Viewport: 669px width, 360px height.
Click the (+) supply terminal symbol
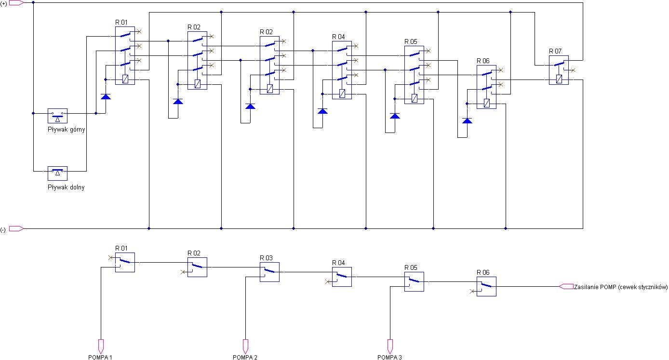point(16,3)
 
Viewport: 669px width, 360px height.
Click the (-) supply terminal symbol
point(16,228)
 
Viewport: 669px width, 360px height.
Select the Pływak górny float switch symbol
point(58,116)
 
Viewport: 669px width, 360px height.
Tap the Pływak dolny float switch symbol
point(58,173)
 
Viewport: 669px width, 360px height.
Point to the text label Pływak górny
point(67,130)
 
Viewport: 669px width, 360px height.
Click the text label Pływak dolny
point(66,187)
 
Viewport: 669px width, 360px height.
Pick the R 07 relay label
point(555,52)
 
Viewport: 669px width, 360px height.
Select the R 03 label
point(266,258)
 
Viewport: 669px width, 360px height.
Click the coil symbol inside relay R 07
point(559,79)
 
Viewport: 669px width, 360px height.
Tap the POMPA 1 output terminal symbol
point(101,347)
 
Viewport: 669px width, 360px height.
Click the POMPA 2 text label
point(245,357)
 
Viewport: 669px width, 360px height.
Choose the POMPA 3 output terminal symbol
point(390,347)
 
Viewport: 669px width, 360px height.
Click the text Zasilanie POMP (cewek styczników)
point(621,287)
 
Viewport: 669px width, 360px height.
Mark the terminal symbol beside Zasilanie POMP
point(566,287)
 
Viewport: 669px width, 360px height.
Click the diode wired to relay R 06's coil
point(467,120)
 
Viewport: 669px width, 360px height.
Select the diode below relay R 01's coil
point(106,96)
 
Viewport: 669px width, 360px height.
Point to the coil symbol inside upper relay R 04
point(342,93)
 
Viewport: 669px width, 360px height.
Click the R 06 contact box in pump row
point(486,287)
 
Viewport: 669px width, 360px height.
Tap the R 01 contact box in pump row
point(125,262)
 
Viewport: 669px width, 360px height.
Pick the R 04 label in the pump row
point(338,263)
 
